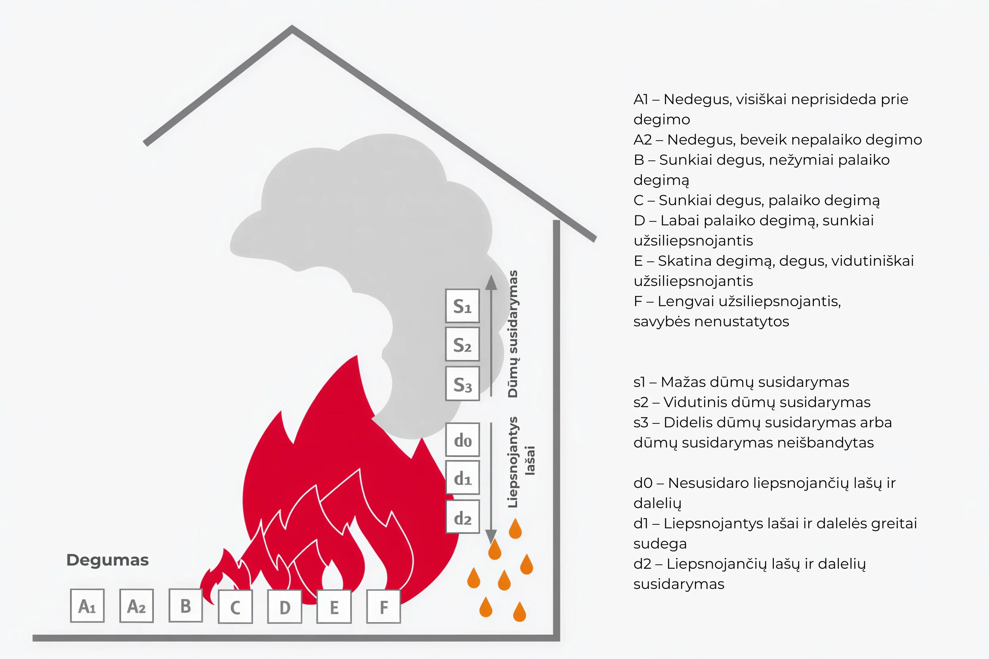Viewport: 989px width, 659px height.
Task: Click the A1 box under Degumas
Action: (x=87, y=606)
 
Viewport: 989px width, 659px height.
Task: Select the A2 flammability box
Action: (x=136, y=606)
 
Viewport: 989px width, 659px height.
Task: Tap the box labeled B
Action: (x=185, y=605)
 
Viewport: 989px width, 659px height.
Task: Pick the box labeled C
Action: (x=235, y=606)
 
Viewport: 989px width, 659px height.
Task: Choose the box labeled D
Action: (x=284, y=606)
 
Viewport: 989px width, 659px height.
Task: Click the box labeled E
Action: (x=334, y=606)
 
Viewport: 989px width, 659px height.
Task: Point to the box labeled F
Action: (x=384, y=606)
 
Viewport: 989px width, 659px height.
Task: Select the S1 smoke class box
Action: (x=462, y=306)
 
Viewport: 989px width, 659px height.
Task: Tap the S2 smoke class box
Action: (x=462, y=344)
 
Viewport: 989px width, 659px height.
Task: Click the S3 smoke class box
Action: (x=462, y=384)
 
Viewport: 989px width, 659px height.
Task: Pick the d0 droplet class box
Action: (x=462, y=440)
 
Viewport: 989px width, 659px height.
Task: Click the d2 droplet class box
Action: (x=462, y=517)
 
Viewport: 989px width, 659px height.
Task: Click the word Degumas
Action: (x=108, y=560)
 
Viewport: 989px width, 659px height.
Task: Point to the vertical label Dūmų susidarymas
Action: (x=513, y=334)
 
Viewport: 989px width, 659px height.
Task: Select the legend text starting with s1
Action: (x=741, y=382)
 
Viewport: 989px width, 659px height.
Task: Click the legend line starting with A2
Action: (x=777, y=139)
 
